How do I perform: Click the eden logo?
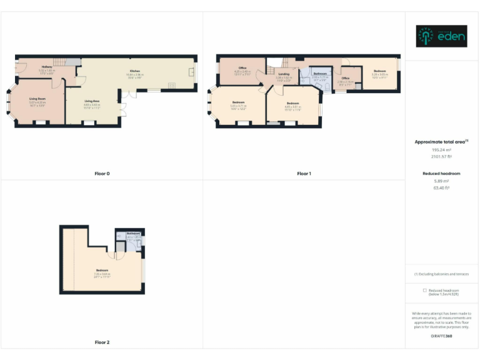pos(441,36)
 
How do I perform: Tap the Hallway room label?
pos(47,66)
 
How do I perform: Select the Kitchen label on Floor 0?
pos(134,71)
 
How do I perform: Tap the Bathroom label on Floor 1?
pos(321,74)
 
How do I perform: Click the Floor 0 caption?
pos(101,173)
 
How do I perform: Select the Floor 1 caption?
pos(304,173)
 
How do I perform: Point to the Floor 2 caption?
pos(101,342)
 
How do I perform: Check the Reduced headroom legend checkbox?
pos(425,291)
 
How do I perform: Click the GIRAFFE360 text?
pos(441,337)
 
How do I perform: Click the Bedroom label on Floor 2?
pos(102,270)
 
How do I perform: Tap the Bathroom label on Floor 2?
pos(132,233)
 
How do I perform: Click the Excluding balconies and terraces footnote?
pos(441,274)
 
